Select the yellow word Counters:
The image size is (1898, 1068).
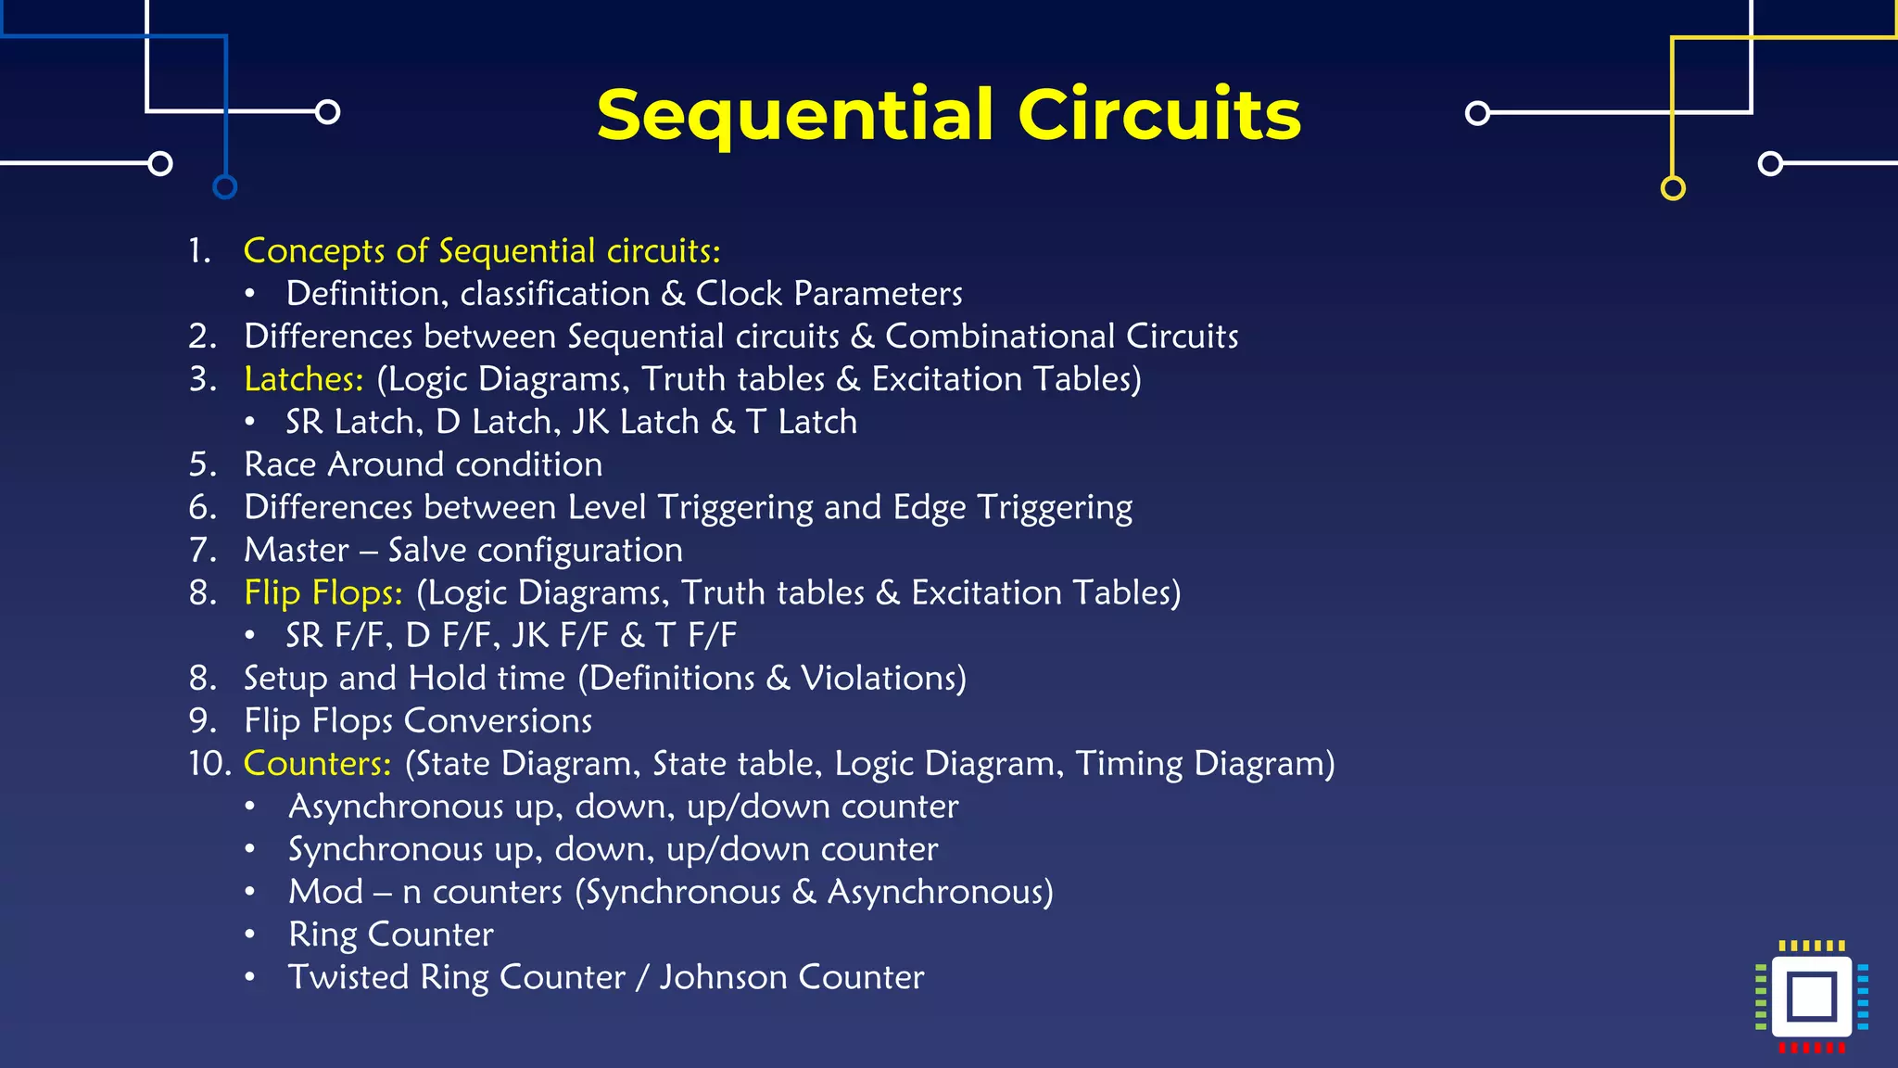coord(317,764)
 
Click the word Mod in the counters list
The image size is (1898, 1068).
coord(325,892)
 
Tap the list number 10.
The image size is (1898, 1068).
coord(209,764)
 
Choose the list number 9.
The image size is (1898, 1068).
coord(203,721)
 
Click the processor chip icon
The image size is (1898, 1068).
coord(1812,998)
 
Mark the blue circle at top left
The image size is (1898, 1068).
coord(224,187)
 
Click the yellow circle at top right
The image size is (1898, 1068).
coord(1673,188)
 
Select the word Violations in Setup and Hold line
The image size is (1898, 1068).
coord(883,679)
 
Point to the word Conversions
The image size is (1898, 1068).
coord(498,721)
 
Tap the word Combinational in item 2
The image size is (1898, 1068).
coord(1000,337)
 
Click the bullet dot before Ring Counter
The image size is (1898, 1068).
coord(249,934)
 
